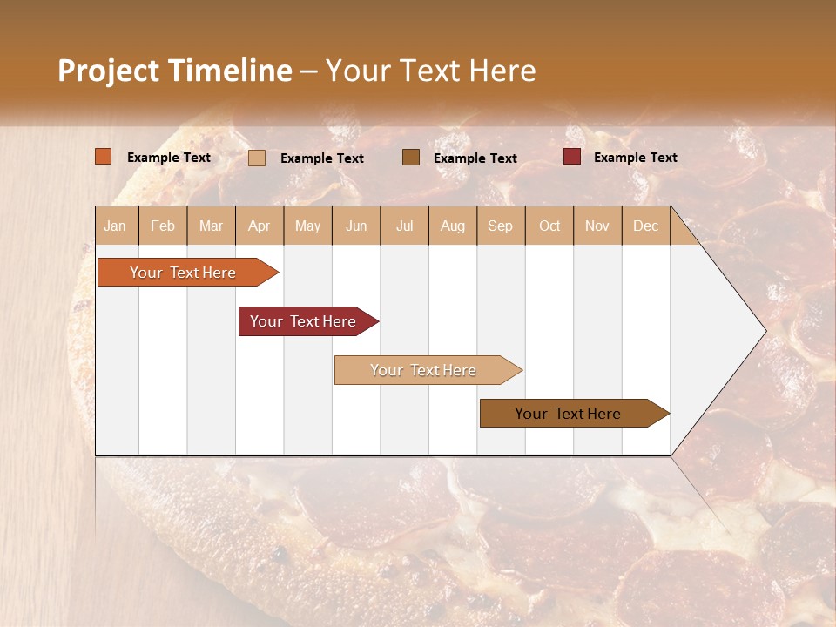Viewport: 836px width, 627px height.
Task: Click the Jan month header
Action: click(x=115, y=226)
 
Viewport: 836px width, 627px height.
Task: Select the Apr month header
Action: click(x=260, y=226)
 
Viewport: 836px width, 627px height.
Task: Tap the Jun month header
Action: click(x=356, y=226)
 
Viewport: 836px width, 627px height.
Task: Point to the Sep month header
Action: click(x=500, y=226)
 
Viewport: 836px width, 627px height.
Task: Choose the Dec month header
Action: click(x=645, y=226)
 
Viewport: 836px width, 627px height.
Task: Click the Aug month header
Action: click(x=452, y=226)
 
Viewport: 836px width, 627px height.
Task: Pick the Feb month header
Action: click(x=163, y=226)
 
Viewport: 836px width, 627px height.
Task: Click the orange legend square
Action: click(x=103, y=157)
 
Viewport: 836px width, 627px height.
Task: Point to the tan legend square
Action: click(x=256, y=158)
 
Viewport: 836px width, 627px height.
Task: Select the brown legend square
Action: click(x=411, y=157)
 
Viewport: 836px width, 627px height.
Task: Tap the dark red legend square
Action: click(x=571, y=157)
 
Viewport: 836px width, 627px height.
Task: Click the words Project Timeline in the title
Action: click(x=174, y=71)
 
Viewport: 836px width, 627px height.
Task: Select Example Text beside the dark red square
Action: click(x=635, y=158)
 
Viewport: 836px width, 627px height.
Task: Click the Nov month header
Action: click(x=597, y=226)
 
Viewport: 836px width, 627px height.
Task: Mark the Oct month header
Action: click(x=549, y=226)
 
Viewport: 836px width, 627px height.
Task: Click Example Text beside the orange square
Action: click(x=169, y=158)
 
